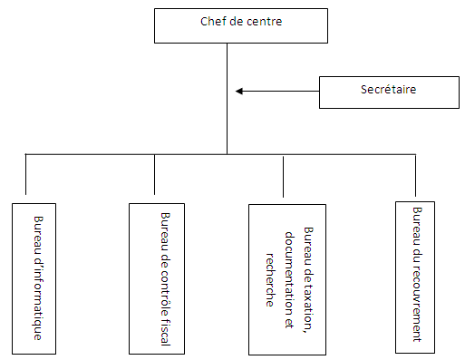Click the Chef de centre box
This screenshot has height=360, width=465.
click(x=241, y=25)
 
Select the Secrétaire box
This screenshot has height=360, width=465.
click(x=389, y=92)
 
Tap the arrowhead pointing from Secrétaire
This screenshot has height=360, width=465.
click(x=239, y=91)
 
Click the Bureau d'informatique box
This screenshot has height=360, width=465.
click(x=34, y=278)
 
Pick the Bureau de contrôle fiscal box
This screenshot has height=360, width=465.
click(x=157, y=278)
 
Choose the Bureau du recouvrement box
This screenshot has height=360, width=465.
click(x=415, y=277)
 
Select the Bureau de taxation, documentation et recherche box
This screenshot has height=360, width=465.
click(x=287, y=279)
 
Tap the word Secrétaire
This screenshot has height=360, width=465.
click(x=388, y=89)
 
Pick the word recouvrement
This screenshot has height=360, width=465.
click(x=417, y=304)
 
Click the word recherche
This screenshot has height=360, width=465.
click(x=270, y=280)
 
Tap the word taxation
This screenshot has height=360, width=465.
click(x=308, y=304)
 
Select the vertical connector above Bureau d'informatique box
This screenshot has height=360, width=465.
click(x=25, y=174)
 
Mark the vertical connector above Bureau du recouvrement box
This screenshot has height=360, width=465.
click(x=415, y=175)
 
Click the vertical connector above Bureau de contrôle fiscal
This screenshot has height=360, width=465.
click(x=154, y=174)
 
